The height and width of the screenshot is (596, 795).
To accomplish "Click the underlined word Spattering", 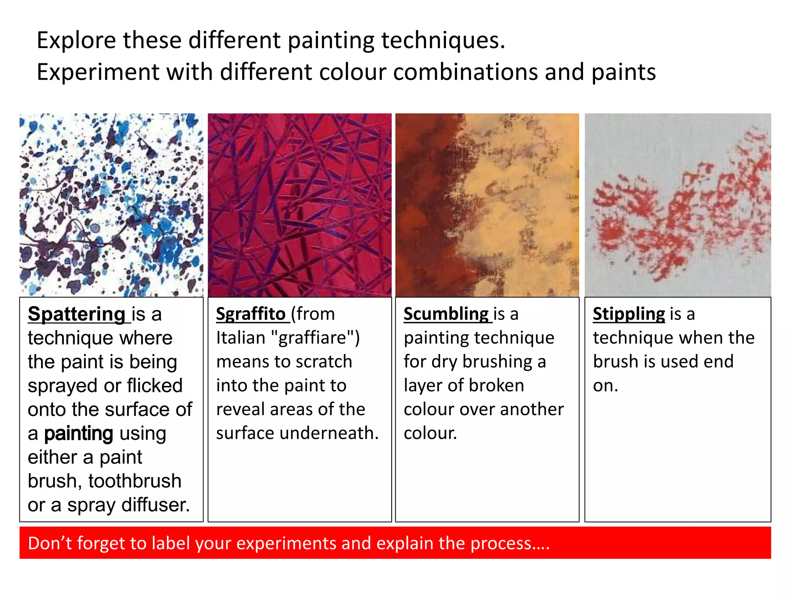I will pos(76,314).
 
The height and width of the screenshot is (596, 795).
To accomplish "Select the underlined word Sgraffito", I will pos(251,314).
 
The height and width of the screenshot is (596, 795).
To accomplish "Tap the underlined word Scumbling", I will pos(446,314).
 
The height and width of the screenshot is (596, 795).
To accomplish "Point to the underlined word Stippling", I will pos(629,314).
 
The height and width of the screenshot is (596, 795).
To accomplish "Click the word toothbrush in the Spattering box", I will pos(135,481).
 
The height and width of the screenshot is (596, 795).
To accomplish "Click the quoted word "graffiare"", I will pos(316,338).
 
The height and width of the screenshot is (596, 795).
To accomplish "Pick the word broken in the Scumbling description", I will pos(496,386).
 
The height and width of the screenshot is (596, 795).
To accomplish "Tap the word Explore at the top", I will pos(76,40).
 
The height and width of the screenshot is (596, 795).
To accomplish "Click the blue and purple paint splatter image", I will pos(111,205).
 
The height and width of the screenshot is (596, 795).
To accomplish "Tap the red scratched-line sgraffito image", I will pos(300,205).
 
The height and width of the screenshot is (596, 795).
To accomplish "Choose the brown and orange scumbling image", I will pos(487,205).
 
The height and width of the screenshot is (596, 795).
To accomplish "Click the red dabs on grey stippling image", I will pos(678,205).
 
